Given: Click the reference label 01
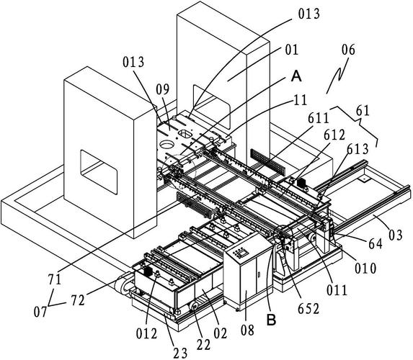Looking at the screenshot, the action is coord(291,50).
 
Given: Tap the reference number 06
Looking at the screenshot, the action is coord(348,50).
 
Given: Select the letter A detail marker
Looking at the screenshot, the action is coord(296,76).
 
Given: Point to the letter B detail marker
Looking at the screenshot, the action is coord(271,320).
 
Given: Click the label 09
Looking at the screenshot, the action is coord(162,90).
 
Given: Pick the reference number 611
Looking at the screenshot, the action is coord(319,118).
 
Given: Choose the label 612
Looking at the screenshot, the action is coord(334,135).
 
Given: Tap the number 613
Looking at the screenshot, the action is coord(358,150).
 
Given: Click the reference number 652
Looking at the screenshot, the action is coord(308,309).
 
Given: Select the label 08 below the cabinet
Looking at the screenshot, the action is coord(248,330).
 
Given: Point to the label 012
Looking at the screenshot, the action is coord(147,334).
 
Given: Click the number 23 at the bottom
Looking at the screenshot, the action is coord(180,353).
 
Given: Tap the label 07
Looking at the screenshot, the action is coord(40,312).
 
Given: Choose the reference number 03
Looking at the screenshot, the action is coord(396,235).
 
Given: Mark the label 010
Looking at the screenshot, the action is coord(365,269).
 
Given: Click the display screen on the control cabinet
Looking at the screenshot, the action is coord(244,253).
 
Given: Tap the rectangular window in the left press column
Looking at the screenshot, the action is coord(99,172).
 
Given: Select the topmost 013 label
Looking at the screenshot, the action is coord(309,14).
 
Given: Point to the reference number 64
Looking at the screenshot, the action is coord(376,244).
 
